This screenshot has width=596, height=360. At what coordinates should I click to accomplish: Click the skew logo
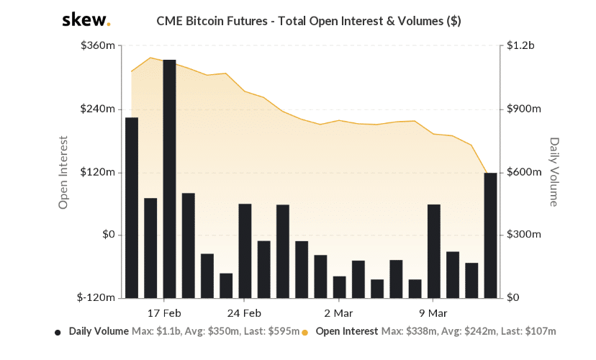click(x=86, y=20)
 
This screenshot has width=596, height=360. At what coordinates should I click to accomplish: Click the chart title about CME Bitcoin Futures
click(x=308, y=21)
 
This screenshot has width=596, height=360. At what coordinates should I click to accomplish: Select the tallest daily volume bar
click(x=170, y=179)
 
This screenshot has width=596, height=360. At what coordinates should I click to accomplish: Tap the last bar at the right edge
click(x=491, y=235)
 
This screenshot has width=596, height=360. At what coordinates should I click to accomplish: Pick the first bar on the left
click(x=132, y=207)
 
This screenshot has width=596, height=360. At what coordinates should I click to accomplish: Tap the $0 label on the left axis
click(x=109, y=235)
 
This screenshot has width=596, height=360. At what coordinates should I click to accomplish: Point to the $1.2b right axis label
click(x=521, y=46)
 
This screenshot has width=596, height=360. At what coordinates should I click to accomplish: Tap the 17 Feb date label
click(x=164, y=313)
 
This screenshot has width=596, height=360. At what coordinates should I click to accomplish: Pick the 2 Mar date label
click(x=338, y=313)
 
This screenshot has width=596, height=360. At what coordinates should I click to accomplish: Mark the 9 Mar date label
click(x=433, y=313)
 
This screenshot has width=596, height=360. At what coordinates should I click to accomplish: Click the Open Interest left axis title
click(x=63, y=172)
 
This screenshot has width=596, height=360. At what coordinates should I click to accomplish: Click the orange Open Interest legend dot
click(x=305, y=333)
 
